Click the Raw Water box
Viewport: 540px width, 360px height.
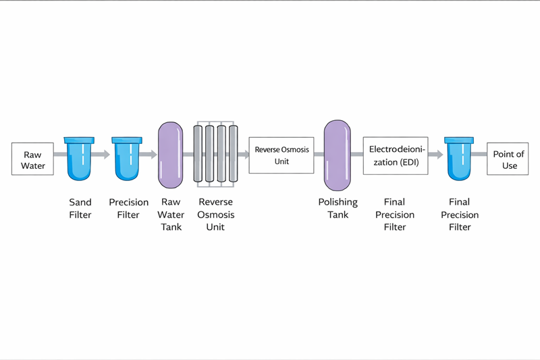pos(32,160)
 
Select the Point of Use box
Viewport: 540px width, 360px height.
pos(508,160)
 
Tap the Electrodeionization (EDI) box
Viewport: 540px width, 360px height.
pos(396,156)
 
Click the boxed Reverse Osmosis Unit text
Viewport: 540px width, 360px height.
pos(281,155)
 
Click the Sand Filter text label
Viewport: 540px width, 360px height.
pos(80,208)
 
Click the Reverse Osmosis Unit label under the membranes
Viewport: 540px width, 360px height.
pos(215,214)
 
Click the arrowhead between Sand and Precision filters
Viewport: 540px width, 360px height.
pos(106,155)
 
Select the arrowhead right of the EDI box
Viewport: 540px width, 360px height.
pos(439,155)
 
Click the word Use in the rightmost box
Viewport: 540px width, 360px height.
pos(508,165)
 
